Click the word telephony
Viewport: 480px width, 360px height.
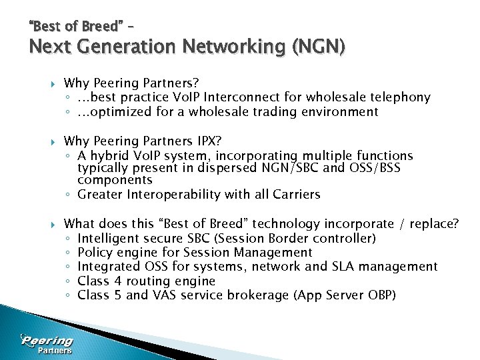[x=400, y=97]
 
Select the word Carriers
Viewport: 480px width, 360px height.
[x=296, y=195]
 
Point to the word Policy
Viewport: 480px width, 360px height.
[x=95, y=252]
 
